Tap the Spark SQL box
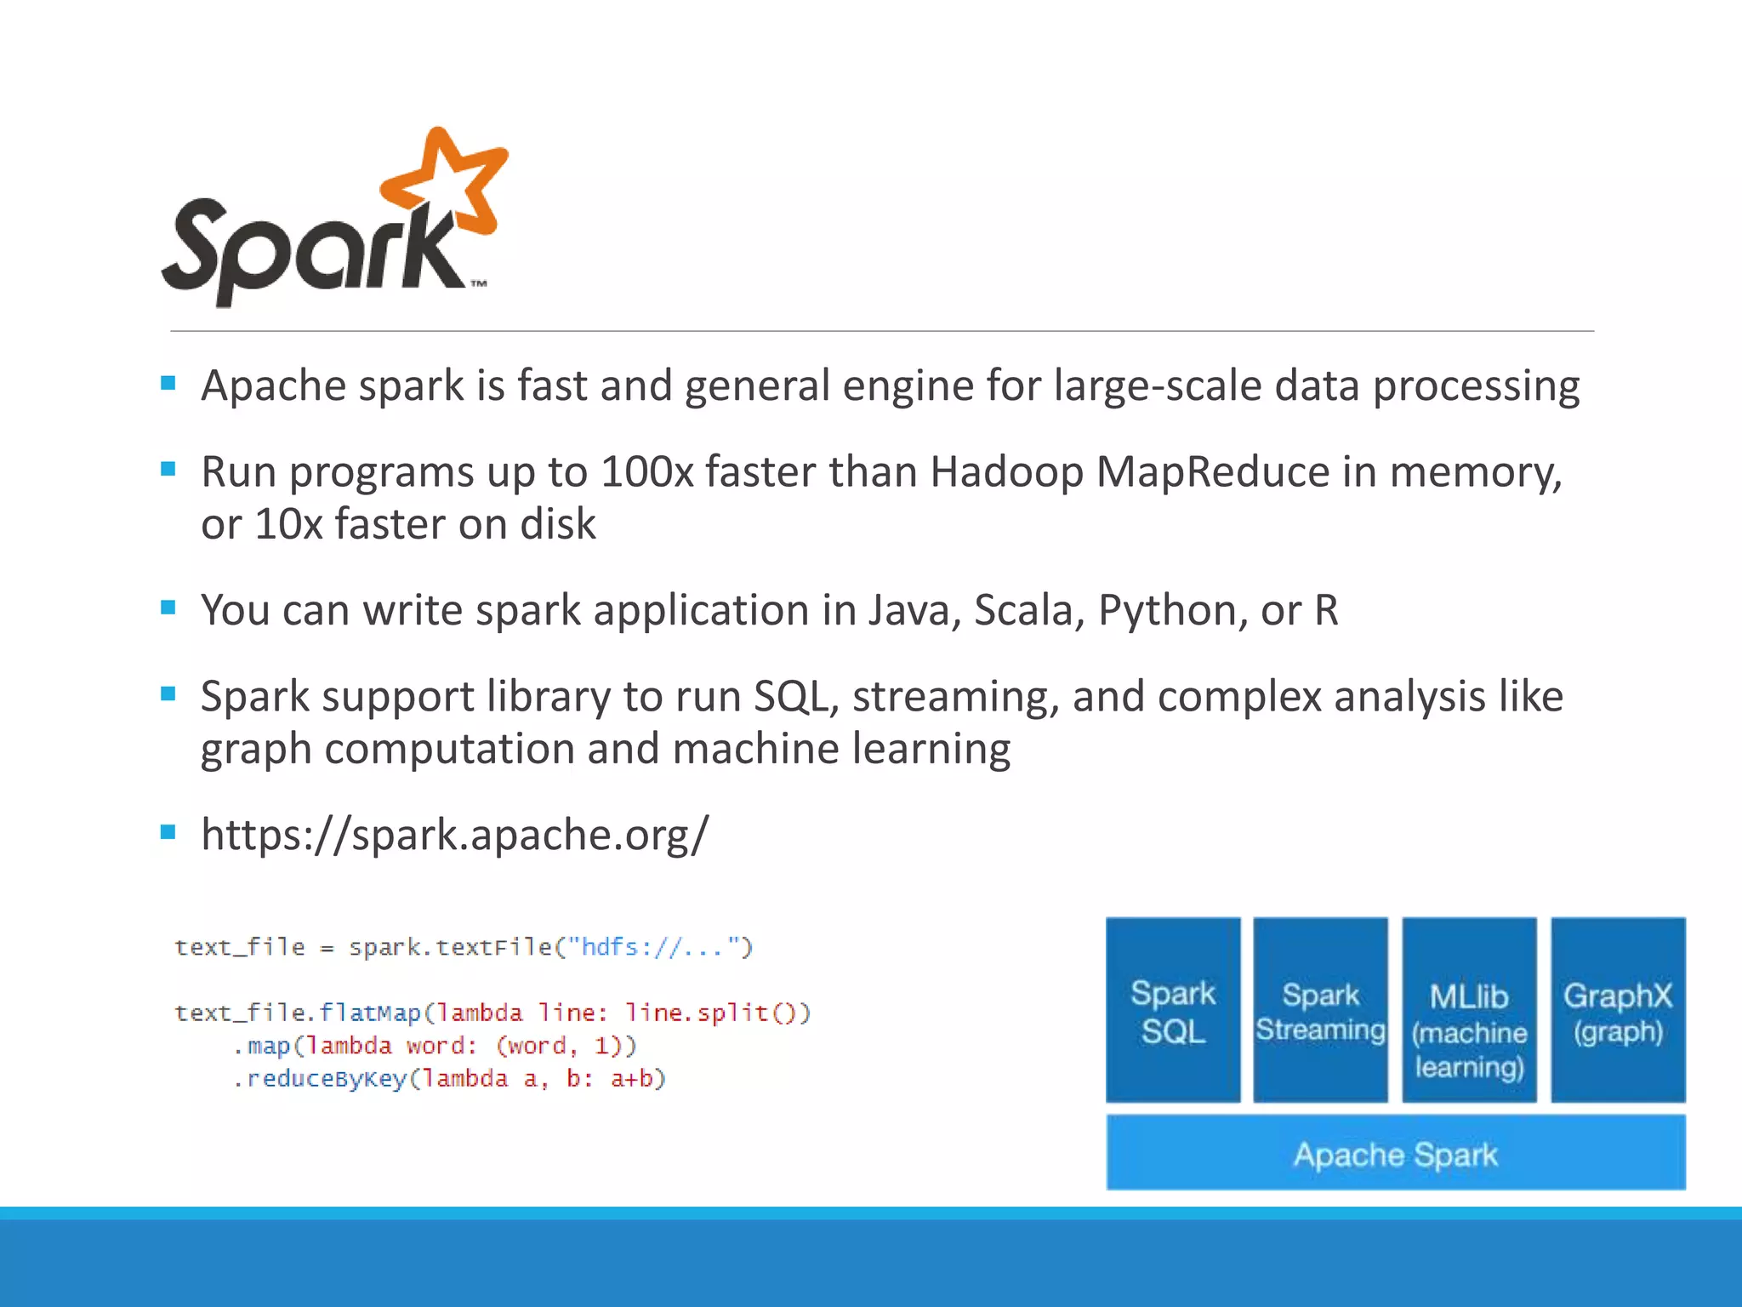coord(1173,1010)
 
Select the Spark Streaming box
coord(1320,1010)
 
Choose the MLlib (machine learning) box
coord(1469,1010)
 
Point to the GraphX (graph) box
coord(1617,1010)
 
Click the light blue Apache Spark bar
coord(1395,1154)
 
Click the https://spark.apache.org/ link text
coord(454,834)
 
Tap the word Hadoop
coord(1006,472)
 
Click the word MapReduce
coord(1212,472)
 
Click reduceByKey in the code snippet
coord(327,1079)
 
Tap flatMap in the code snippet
coord(370,1013)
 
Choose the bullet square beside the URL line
coord(168,831)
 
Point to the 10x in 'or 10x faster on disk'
coord(288,523)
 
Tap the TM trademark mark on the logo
coord(479,284)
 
